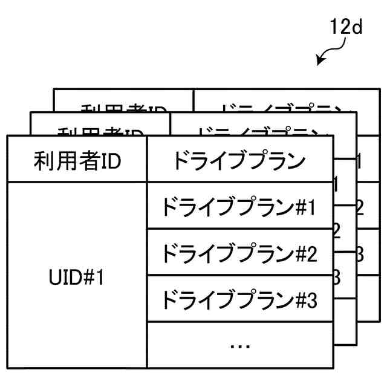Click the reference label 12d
click(346, 28)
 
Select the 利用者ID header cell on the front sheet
click(77, 161)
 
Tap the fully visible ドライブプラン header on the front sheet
click(239, 161)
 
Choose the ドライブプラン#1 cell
click(239, 207)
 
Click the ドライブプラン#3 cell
click(239, 299)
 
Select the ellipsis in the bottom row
click(240, 345)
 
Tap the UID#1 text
click(77, 278)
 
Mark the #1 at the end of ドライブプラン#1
click(305, 207)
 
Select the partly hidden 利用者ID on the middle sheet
click(100, 131)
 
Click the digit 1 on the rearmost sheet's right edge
click(359, 161)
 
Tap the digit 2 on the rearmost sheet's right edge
click(359, 207)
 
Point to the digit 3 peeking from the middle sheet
click(337, 278)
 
